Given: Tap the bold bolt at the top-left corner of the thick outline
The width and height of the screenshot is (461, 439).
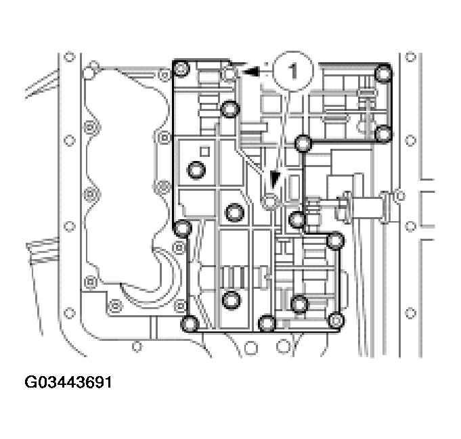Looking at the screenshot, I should click(x=181, y=67).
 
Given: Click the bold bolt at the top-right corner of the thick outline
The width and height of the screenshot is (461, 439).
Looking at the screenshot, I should click(x=383, y=72).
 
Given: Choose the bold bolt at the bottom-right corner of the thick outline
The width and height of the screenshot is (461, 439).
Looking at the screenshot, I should click(x=336, y=320).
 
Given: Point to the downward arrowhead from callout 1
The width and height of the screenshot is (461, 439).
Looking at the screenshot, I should click(x=275, y=181).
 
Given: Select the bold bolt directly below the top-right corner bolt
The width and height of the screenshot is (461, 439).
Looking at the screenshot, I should click(x=383, y=133).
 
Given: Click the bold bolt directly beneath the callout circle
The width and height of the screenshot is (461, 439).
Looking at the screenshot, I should click(x=303, y=143).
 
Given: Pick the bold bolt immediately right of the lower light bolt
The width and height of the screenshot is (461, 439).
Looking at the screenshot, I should click(x=296, y=218).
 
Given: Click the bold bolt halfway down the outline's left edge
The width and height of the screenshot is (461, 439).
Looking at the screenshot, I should click(x=181, y=229).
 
